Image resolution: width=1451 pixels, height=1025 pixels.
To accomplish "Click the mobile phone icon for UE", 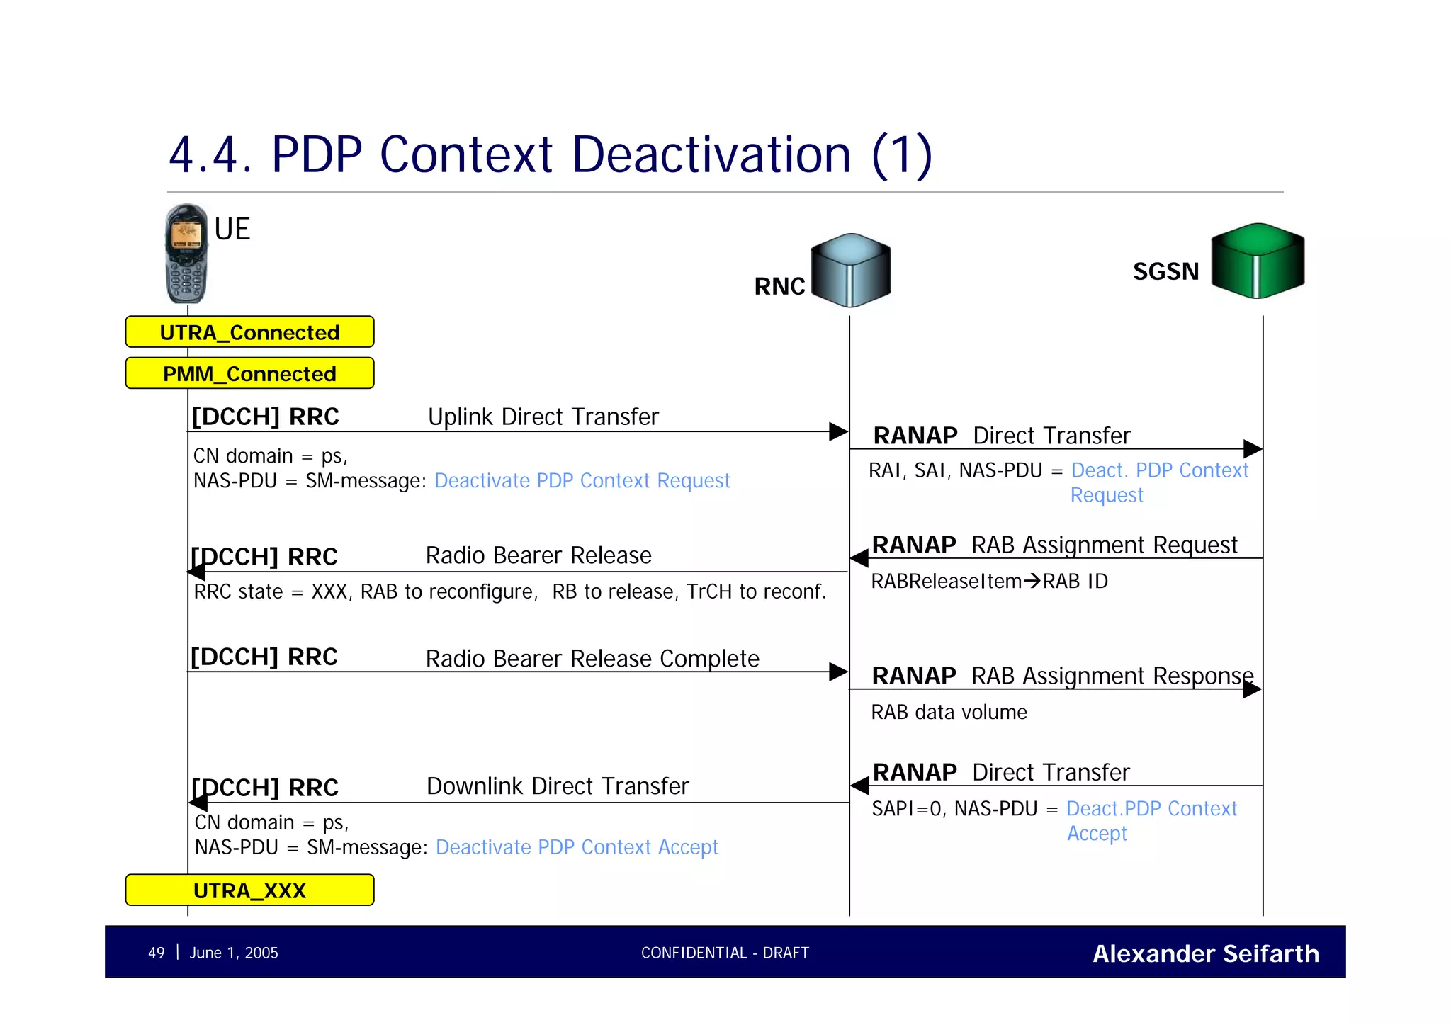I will tap(186, 254).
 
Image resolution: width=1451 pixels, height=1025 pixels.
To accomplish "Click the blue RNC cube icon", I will tap(850, 271).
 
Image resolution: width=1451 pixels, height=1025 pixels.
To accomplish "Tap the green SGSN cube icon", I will tap(1257, 261).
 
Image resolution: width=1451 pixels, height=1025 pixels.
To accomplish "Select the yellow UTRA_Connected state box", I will tap(249, 332).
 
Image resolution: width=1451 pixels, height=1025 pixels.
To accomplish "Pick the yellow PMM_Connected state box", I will tap(249, 373).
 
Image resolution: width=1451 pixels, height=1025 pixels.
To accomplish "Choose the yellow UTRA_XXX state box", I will tap(249, 890).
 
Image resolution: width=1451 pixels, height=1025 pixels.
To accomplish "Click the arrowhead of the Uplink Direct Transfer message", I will tap(838, 431).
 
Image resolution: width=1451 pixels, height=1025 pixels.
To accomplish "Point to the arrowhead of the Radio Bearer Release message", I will tap(197, 572).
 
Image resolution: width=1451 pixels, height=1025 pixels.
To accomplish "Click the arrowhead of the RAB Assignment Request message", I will tap(859, 558).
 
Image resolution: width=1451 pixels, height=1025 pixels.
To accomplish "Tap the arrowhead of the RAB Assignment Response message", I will tap(1252, 689).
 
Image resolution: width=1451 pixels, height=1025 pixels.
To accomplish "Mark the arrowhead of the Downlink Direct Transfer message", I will tap(198, 803).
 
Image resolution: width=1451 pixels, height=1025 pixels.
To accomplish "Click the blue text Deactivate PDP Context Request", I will tap(582, 481).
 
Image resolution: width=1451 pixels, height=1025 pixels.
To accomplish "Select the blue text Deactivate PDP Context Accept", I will tap(577, 847).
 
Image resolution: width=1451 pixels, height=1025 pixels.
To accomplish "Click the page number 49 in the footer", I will tap(156, 953).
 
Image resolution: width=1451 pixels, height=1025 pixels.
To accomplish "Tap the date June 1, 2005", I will tap(234, 953).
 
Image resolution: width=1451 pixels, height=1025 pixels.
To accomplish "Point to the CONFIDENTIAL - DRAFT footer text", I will tap(725, 953).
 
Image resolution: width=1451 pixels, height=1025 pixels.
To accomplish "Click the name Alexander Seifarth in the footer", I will tap(1205, 953).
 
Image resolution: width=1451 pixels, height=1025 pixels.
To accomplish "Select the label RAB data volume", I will tap(949, 712).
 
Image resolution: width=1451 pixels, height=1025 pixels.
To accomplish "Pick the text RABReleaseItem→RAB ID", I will tap(989, 581).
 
